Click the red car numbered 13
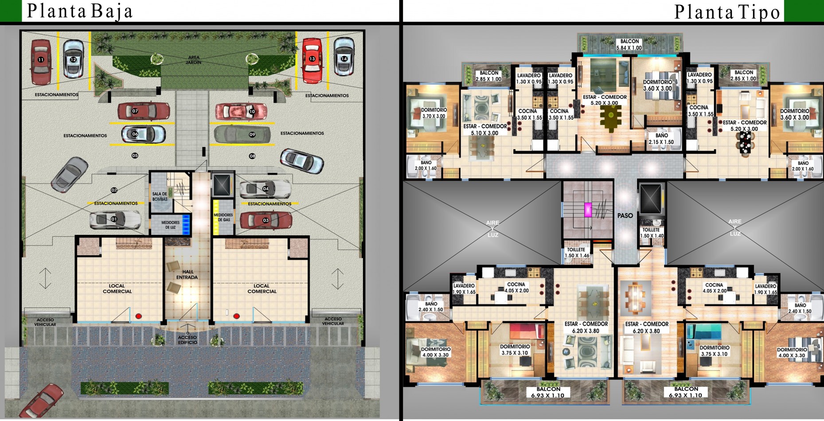312,59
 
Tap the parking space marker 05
135,156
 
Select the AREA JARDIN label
194,60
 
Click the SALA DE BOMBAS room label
160,196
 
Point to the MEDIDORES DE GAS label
223,217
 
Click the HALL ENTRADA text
187,275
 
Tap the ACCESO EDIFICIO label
187,340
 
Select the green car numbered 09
242,134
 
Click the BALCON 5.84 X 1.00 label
629,44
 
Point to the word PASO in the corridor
625,216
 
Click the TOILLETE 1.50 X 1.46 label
577,253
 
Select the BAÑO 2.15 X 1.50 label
661,139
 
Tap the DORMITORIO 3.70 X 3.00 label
433,113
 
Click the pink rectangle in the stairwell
588,210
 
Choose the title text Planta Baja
80,12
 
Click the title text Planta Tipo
727,12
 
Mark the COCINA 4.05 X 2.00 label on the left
516,288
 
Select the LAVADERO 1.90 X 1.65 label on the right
765,289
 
